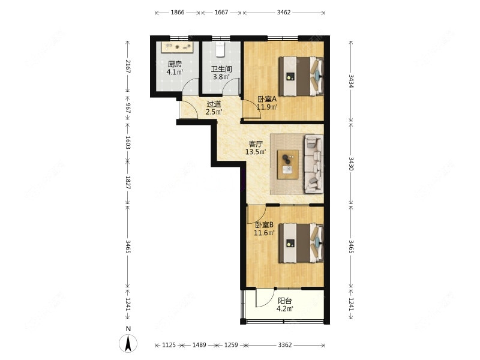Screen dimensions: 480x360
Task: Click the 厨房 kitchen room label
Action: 175,64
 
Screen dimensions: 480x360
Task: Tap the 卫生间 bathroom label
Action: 221,69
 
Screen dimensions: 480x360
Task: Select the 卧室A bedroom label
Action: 267,99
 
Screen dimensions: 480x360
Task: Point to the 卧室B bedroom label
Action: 265,225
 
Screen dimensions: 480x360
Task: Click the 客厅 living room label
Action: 256,144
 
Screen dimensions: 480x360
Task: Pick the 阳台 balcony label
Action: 284,301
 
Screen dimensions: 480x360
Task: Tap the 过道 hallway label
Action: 214,104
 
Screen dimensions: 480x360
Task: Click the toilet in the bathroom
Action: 220,49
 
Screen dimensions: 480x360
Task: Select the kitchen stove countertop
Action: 177,47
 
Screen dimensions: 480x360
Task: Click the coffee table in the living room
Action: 288,164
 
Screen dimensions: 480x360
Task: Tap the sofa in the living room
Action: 314,164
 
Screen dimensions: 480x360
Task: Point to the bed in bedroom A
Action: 301,76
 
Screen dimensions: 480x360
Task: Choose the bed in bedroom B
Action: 301,243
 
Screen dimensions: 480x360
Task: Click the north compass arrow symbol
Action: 128,343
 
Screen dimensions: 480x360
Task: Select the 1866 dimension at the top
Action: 178,13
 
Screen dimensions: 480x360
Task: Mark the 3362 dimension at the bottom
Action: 284,345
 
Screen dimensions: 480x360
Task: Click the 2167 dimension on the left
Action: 128,67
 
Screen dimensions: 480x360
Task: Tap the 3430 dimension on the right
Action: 351,164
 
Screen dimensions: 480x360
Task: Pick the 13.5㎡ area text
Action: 256,152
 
